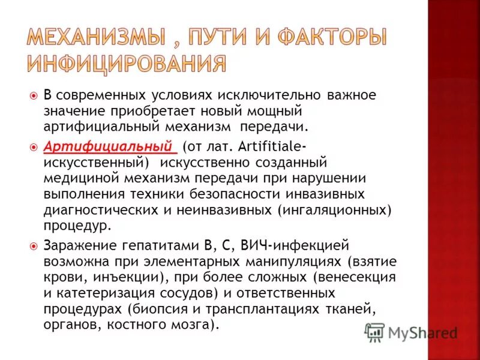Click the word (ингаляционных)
pos(334,210)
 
